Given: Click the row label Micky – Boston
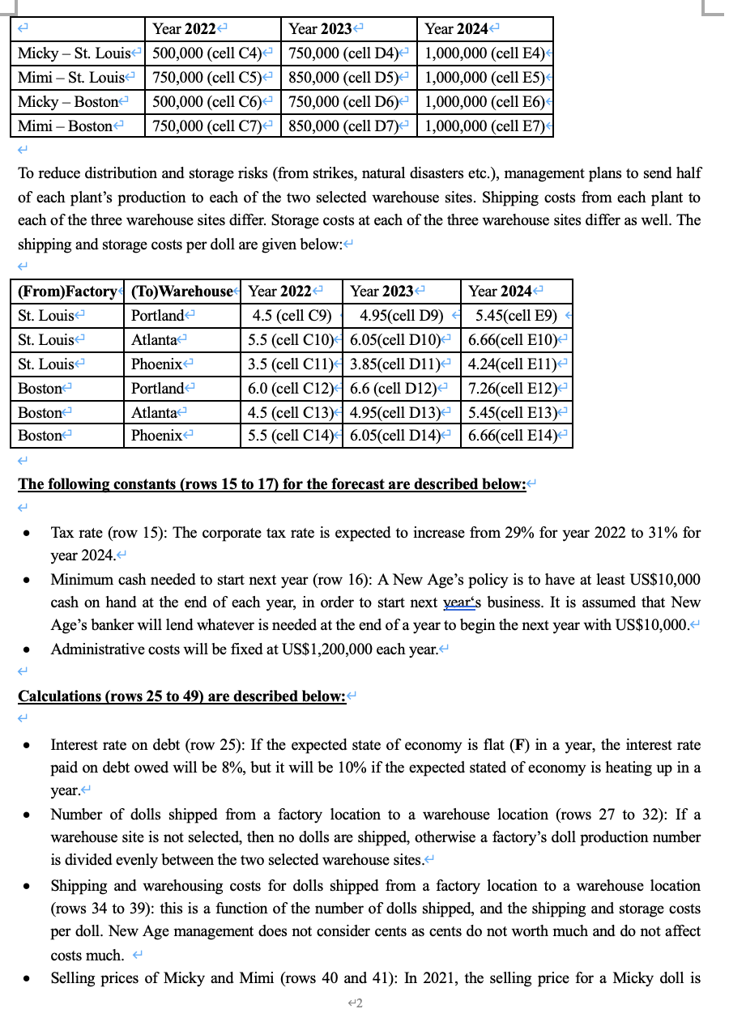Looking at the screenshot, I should (66, 102).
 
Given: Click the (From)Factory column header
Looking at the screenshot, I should (68, 291).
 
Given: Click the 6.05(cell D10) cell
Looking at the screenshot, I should (401, 339).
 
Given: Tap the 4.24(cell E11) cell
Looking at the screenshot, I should (514, 364).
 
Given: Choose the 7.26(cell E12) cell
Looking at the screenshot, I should (514, 388).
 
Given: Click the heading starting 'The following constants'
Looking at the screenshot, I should (272, 484).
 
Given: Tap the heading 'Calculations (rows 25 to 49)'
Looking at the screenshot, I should (181, 696).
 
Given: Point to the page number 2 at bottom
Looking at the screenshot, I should (356, 1003).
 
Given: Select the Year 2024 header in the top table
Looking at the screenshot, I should (456, 29).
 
